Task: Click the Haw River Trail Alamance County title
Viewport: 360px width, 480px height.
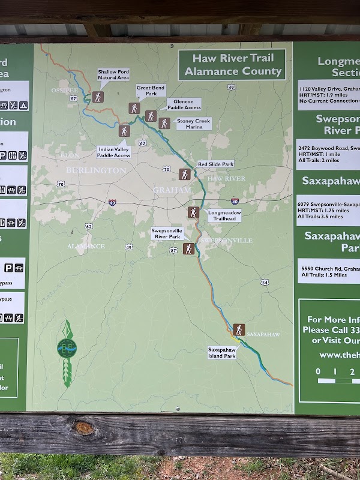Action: pyautogui.click(x=233, y=65)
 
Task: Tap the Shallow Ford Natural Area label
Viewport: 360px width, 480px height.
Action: pyautogui.click(x=113, y=75)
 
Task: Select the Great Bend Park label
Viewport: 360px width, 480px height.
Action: pyautogui.click(x=151, y=90)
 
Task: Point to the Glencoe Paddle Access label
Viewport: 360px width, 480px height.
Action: pyautogui.click(x=184, y=104)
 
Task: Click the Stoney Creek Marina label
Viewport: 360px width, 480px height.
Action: pyautogui.click(x=194, y=124)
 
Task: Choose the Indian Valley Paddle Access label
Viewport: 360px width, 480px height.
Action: pyautogui.click(x=113, y=152)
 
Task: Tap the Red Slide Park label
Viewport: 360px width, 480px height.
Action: pyautogui.click(x=215, y=164)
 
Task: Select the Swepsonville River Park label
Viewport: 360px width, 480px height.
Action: pyautogui.click(x=166, y=233)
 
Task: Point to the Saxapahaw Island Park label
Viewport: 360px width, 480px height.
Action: pyautogui.click(x=221, y=352)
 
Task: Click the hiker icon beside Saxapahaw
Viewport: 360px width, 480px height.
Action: pyautogui.click(x=239, y=329)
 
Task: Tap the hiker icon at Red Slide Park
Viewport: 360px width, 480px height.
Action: pyautogui.click(x=185, y=175)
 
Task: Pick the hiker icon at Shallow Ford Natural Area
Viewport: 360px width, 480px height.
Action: pyautogui.click(x=98, y=97)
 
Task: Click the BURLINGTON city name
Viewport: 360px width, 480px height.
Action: pyautogui.click(x=96, y=170)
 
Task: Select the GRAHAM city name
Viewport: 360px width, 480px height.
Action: pyautogui.click(x=172, y=190)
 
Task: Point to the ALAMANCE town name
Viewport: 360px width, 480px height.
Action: pyautogui.click(x=86, y=247)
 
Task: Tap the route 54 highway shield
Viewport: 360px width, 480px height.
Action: pyautogui.click(x=265, y=282)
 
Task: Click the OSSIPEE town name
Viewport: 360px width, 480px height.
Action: pyautogui.click(x=64, y=91)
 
